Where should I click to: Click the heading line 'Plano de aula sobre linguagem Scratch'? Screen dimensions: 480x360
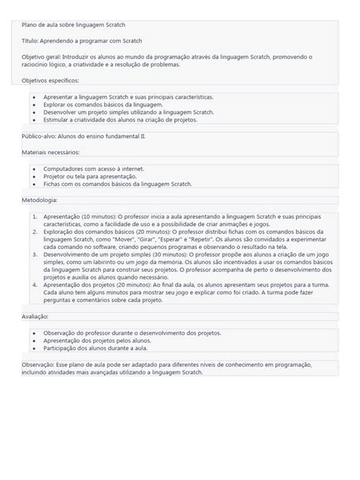click(73, 26)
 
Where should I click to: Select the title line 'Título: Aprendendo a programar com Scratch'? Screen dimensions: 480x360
click(82, 41)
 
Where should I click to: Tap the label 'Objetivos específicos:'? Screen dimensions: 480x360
click(50, 80)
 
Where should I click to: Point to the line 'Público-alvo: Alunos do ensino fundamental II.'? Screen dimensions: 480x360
click(84, 137)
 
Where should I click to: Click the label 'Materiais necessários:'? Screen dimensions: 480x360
click(50, 152)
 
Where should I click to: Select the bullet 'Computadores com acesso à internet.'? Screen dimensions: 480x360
click(93, 169)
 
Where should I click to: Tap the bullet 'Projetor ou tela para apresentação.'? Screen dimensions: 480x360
click(92, 176)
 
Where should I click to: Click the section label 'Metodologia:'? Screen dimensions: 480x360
click(39, 200)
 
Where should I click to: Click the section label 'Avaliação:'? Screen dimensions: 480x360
click(35, 316)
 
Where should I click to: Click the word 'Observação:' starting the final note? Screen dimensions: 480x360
click(38, 365)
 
